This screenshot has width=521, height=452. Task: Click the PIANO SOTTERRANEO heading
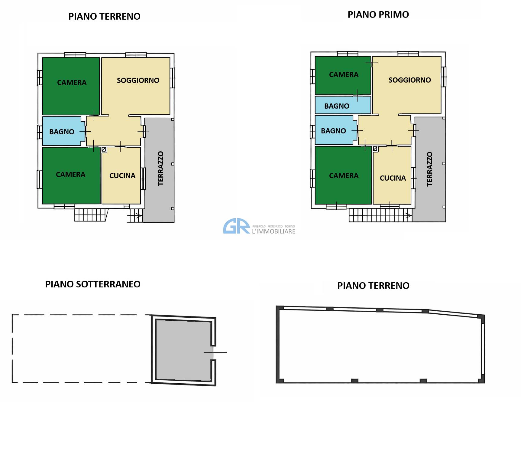pos(93,284)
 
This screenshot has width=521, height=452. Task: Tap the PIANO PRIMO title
pos(378,15)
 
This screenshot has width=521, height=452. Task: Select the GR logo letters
pos(237,226)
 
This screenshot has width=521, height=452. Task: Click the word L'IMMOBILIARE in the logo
pos(273,231)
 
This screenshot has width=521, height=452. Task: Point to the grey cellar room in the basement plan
pos(183,350)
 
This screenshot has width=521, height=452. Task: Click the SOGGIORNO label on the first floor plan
pos(409,80)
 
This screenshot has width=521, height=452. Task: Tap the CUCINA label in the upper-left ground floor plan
pos(122,176)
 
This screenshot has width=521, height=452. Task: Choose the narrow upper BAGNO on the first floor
pos(343,105)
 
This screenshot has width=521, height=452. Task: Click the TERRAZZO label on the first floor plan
pos(429,169)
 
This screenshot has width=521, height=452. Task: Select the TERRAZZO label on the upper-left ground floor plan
pos(160,168)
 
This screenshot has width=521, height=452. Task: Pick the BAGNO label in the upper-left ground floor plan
pos(62,132)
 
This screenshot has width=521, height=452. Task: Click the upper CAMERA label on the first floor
pos(344,75)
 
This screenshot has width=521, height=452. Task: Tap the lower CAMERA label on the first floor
pos(344,176)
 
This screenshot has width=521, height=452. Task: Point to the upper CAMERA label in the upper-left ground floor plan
pos(72,83)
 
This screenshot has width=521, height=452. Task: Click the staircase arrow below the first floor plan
pos(408,216)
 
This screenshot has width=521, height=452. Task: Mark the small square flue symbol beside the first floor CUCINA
pos(375,149)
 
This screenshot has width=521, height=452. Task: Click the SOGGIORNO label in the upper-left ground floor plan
pos(138,80)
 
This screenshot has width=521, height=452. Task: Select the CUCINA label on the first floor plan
pos(393,178)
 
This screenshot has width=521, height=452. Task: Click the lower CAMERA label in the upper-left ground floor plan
pos(70,175)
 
